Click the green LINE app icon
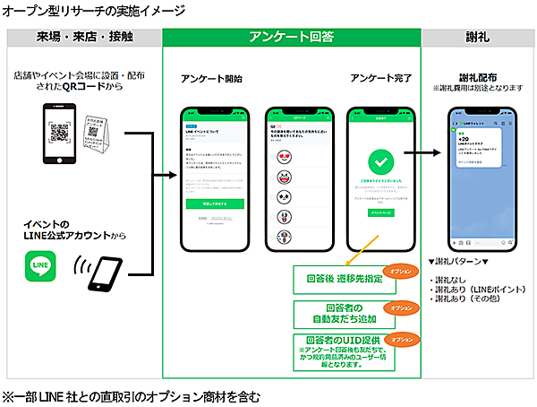click(x=41, y=269)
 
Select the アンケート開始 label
click(x=211, y=79)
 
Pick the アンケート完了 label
click(x=379, y=79)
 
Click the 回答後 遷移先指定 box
click(x=344, y=278)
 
